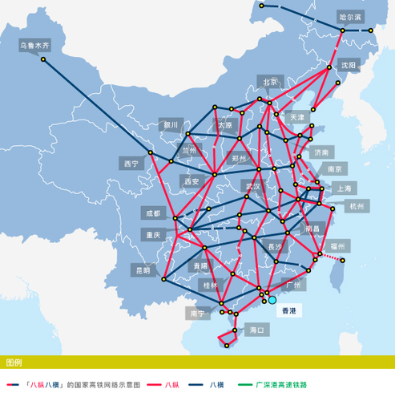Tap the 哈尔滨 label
(350, 16)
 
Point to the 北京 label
(270, 82)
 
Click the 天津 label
(297, 117)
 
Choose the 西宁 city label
(131, 163)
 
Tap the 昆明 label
(142, 270)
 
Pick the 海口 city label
(257, 330)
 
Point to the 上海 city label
(344, 188)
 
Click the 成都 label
(152, 213)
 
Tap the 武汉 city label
(253, 186)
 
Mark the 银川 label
(170, 125)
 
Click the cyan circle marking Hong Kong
(272, 299)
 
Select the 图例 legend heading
(14, 363)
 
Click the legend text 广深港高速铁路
(280, 385)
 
